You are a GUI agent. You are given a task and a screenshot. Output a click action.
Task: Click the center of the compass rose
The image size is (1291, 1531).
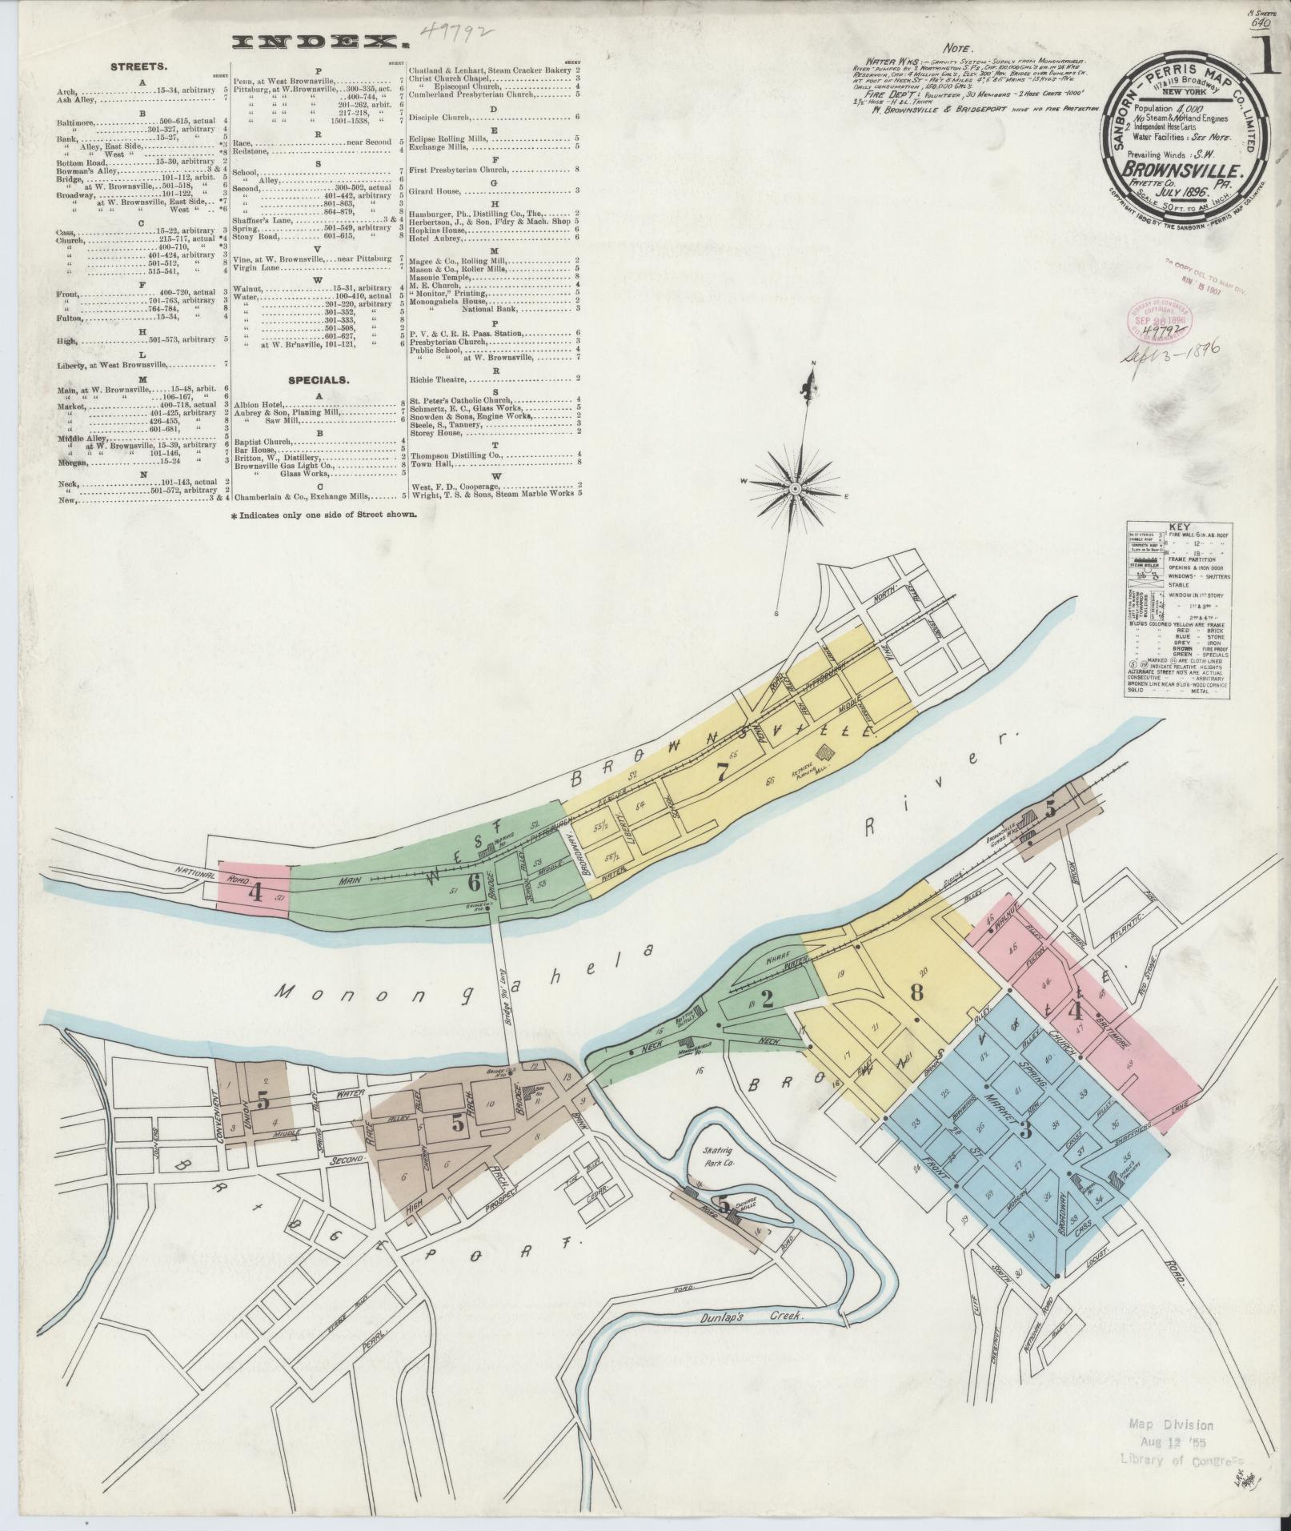(x=795, y=487)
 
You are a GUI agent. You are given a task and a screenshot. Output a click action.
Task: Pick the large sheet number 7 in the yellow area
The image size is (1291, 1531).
(x=722, y=772)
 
